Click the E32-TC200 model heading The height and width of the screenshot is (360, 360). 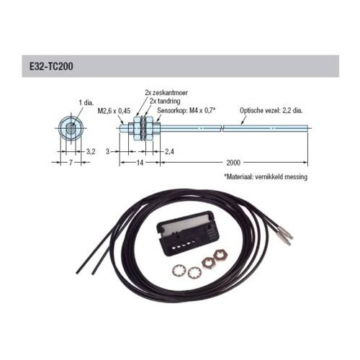point(51,66)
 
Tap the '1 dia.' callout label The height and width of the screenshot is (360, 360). point(86,102)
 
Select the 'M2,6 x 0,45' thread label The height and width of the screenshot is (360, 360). point(114,111)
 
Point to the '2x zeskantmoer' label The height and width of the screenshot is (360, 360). point(166,92)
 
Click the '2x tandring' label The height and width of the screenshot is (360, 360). point(165,101)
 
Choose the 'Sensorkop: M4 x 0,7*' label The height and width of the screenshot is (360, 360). point(186,111)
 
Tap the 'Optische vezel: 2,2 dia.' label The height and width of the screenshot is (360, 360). point(271,111)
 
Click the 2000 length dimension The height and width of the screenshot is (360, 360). point(233,163)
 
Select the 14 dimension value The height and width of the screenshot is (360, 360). point(140,163)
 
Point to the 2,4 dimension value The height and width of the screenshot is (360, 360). point(169,152)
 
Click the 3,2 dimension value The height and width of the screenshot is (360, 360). point(91,152)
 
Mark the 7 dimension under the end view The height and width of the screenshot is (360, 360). point(71,163)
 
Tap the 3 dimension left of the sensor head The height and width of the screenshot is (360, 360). point(108,152)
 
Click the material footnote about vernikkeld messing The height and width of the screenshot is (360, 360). point(266,177)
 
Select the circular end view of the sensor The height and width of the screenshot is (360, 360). point(71,128)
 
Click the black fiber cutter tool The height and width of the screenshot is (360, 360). point(188,233)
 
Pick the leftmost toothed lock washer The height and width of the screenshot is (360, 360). point(179,271)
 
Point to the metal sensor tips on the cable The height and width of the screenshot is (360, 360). point(285,236)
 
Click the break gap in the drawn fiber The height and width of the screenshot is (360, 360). point(222,128)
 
